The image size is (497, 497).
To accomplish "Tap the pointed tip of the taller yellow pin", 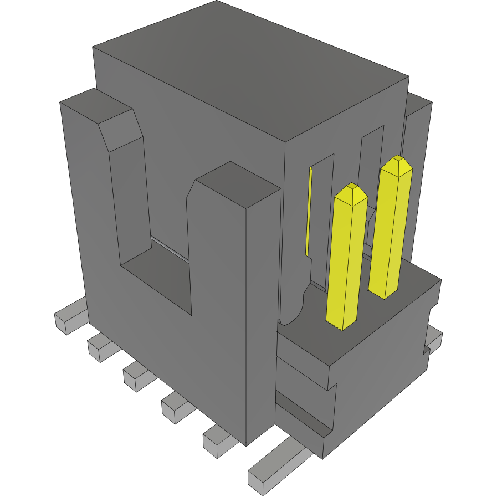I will coord(397,163).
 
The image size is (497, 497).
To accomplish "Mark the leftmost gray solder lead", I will coord(69,317).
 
